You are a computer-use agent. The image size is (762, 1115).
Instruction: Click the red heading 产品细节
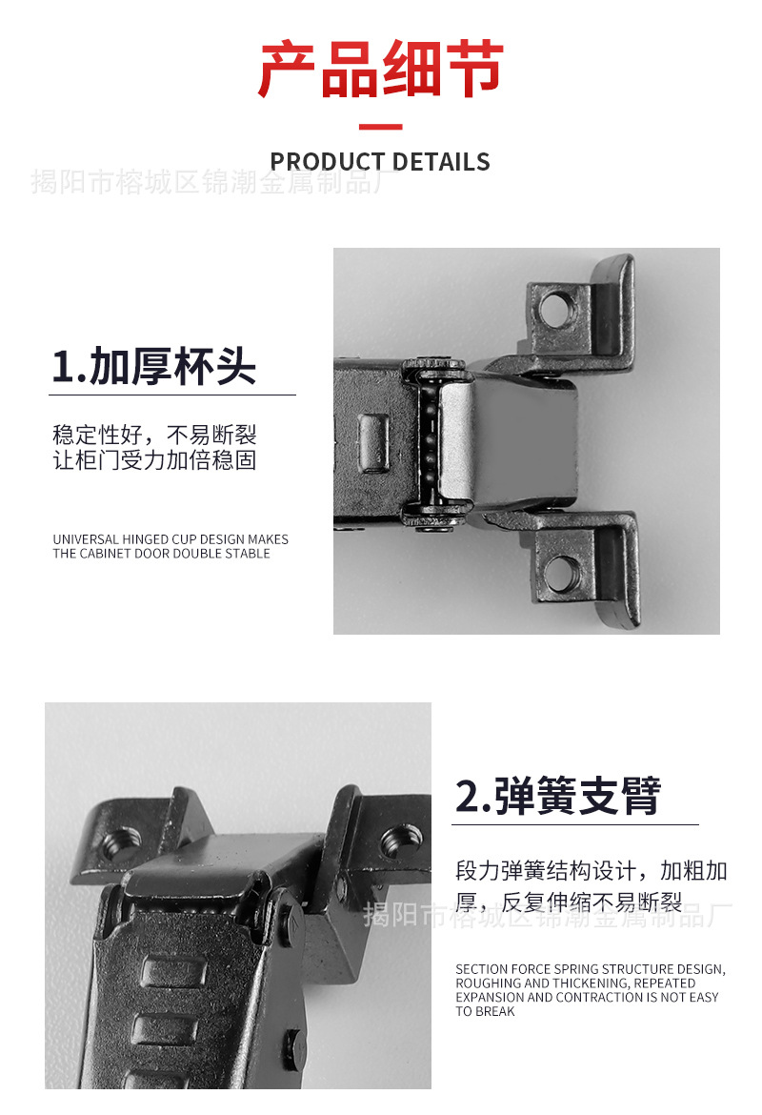click(380, 71)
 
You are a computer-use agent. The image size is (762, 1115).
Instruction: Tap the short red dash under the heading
click(380, 127)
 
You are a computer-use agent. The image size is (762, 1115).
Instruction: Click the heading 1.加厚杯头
click(154, 367)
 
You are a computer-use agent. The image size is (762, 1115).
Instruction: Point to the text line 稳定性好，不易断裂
click(154, 436)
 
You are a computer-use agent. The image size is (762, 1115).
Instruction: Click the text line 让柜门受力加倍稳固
click(154, 461)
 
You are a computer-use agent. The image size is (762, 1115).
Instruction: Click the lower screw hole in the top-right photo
click(562, 573)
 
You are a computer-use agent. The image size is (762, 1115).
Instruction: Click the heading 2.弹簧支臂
click(558, 797)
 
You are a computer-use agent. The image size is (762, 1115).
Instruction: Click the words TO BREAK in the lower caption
click(485, 1011)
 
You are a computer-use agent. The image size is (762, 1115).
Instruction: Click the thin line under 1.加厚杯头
click(172, 395)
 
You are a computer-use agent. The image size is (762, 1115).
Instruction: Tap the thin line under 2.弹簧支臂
click(575, 824)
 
